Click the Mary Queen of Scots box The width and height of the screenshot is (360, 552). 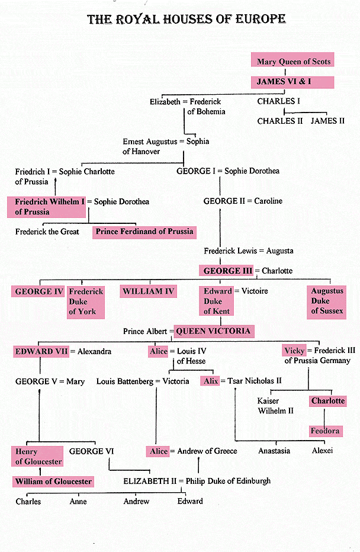coord(292,59)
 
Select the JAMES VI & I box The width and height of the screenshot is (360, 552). coord(292,82)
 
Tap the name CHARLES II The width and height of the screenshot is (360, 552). coord(279,121)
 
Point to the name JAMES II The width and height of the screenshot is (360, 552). coord(327,121)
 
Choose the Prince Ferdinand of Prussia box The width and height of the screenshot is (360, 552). coord(144,232)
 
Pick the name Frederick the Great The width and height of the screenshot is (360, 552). coord(47,232)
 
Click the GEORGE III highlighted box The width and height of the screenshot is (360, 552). coord(226,271)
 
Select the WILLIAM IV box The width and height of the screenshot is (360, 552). coord(148,291)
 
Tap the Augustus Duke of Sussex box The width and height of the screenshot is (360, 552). coord(327,301)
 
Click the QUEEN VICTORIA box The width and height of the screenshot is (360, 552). coord(214,331)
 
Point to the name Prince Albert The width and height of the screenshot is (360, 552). coord(145,331)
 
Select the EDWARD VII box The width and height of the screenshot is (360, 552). coord(41,351)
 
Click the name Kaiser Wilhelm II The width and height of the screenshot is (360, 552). coord(275,406)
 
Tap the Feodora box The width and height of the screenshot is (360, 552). coord(326,431)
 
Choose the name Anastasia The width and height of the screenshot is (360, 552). coord(274,451)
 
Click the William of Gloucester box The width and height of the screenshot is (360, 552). coord(53,482)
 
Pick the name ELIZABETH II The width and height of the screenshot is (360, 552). coord(150,482)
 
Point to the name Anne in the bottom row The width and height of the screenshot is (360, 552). coord(78,501)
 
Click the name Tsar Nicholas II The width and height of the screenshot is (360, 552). coord(255,381)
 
